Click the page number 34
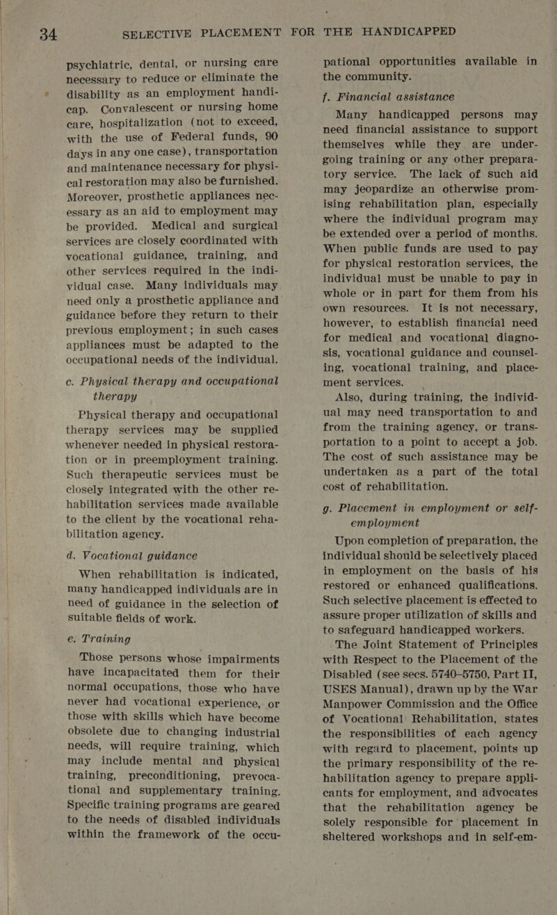[33, 33]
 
